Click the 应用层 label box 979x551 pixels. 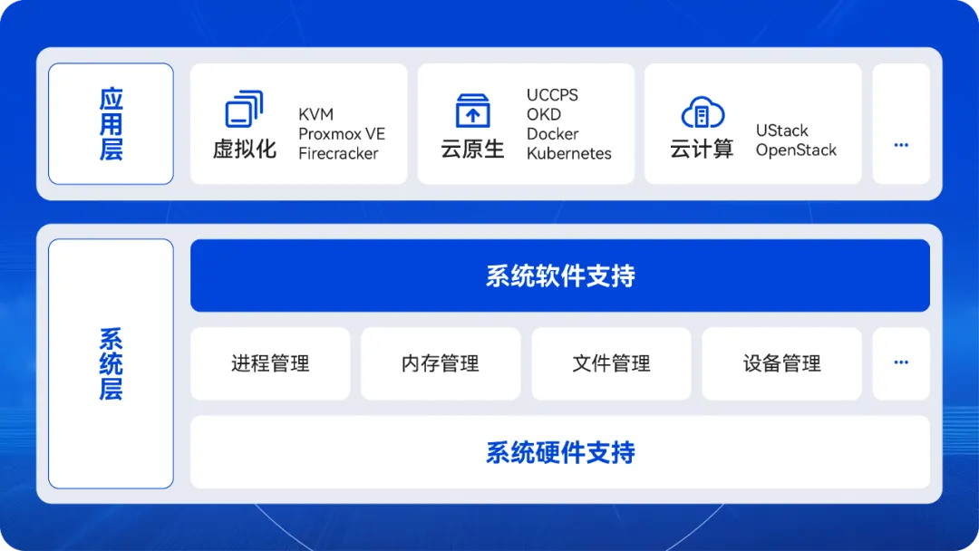click(111, 123)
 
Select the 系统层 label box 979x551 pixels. click(111, 363)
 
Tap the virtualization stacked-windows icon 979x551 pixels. click(244, 109)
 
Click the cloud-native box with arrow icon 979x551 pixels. click(472, 111)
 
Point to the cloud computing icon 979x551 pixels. click(703, 112)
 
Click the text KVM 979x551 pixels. click(316, 115)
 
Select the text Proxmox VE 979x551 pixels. click(342, 134)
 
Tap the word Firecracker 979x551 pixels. click(338, 153)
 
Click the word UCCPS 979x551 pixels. click(552, 95)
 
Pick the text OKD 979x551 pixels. click(544, 115)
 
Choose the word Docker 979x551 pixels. click(553, 134)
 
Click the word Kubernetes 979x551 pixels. click(568, 153)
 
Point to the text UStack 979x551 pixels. click(781, 131)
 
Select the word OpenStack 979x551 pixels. click(796, 150)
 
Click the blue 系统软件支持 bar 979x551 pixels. click(560, 275)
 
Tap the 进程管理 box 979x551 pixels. click(270, 363)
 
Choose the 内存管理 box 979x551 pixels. click(441, 363)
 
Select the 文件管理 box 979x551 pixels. click(611, 363)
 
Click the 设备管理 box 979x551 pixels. click(781, 363)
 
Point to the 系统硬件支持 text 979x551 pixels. click(560, 453)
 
